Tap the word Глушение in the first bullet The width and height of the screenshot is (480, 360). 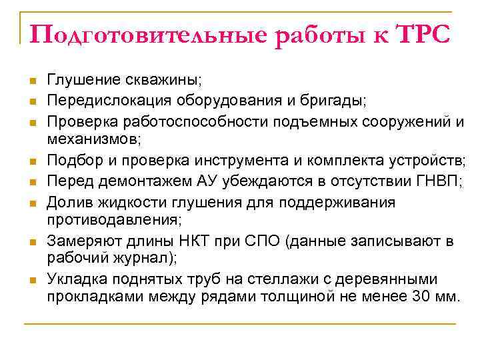[83, 81]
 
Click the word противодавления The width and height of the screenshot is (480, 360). [110, 219]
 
